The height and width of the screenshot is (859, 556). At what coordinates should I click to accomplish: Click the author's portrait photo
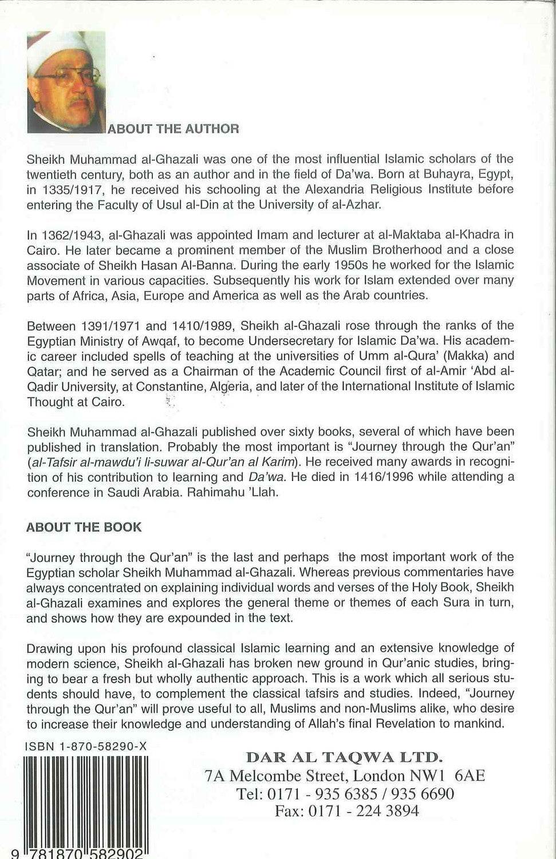pos(66,82)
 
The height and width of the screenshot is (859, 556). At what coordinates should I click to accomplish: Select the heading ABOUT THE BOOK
pos(84,527)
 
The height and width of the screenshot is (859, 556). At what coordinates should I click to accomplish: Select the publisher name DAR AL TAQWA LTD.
pos(344,757)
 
